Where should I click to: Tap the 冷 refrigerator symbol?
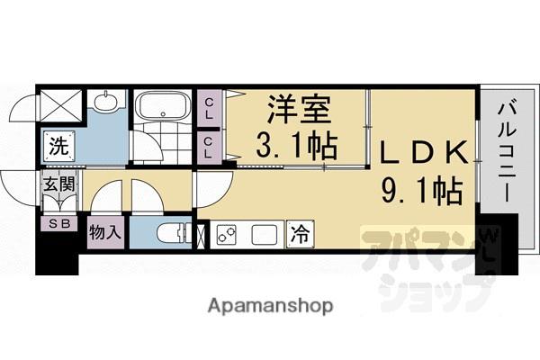coord(298,236)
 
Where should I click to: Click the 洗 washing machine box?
coord(57,144)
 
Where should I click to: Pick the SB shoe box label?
coord(57,224)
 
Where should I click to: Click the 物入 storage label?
coord(105,232)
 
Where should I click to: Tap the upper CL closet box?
coord(209,112)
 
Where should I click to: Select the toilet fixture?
coord(172,234)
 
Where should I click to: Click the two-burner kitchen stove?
coord(226,236)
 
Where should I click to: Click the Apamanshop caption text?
coord(269,306)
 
